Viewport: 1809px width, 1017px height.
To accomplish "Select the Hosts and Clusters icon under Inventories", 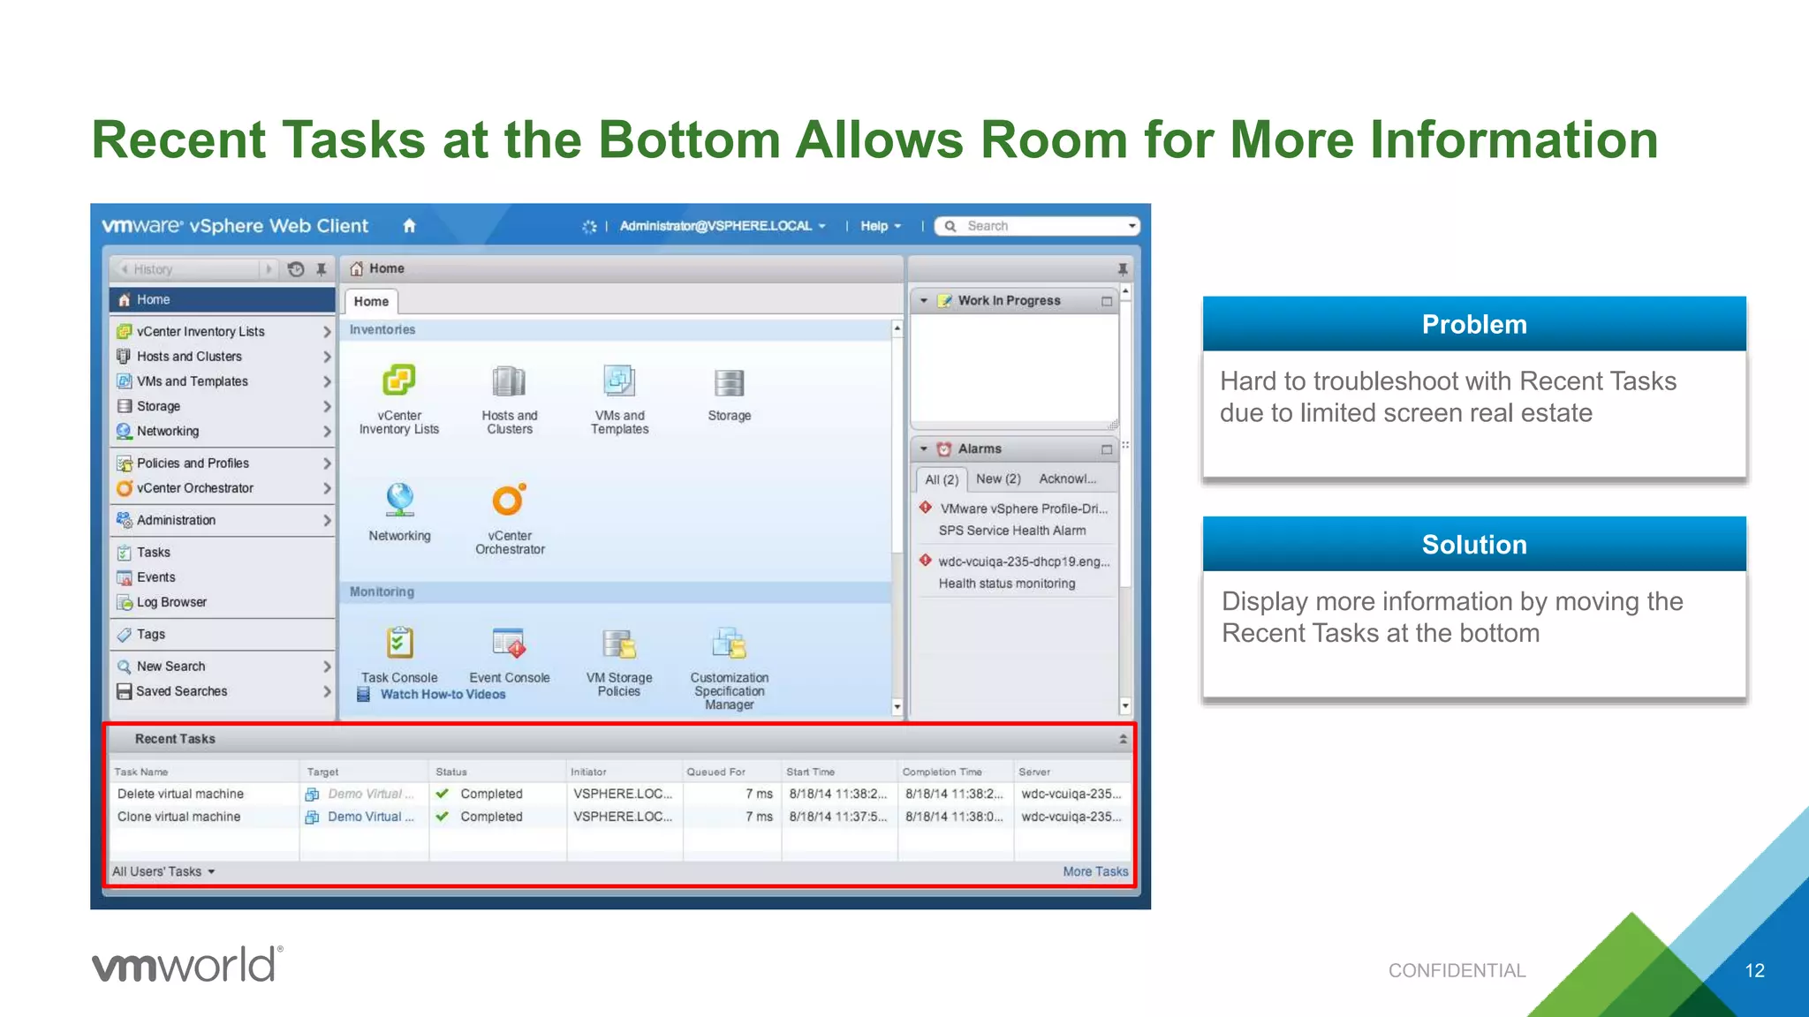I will pyautogui.click(x=509, y=382).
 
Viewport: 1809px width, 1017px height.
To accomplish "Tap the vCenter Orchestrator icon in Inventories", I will pyautogui.click(x=509, y=501).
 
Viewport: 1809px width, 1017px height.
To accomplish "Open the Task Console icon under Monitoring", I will pyautogui.click(x=399, y=644).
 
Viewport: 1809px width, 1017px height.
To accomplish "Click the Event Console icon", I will pyautogui.click(x=509, y=644).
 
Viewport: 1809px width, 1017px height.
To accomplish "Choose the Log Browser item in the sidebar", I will pyautogui.click(x=170, y=602).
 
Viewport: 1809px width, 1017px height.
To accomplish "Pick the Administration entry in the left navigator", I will pyautogui.click(x=176, y=520).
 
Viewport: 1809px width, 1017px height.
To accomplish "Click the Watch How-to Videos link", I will pyautogui.click(x=443, y=695).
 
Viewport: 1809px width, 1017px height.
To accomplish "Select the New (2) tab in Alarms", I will pyautogui.click(x=998, y=478).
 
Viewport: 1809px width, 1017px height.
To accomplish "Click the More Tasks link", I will pyautogui.click(x=1095, y=871).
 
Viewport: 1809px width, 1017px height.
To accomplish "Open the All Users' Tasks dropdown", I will pyautogui.click(x=163, y=871).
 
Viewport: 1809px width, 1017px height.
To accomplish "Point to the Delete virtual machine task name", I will pyautogui.click(x=180, y=794).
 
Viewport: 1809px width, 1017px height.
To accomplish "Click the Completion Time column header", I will pyautogui.click(x=942, y=772).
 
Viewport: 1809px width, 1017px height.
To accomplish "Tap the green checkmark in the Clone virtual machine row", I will pyautogui.click(x=443, y=817).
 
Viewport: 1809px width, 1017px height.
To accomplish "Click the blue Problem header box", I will pyautogui.click(x=1473, y=324).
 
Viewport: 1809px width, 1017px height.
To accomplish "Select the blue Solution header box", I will pyautogui.click(x=1473, y=544).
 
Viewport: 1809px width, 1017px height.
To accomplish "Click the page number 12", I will pyautogui.click(x=1754, y=970).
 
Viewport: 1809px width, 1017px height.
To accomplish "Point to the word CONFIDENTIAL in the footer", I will pyautogui.click(x=1457, y=970).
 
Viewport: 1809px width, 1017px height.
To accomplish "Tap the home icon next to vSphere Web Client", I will pyautogui.click(x=409, y=226).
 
